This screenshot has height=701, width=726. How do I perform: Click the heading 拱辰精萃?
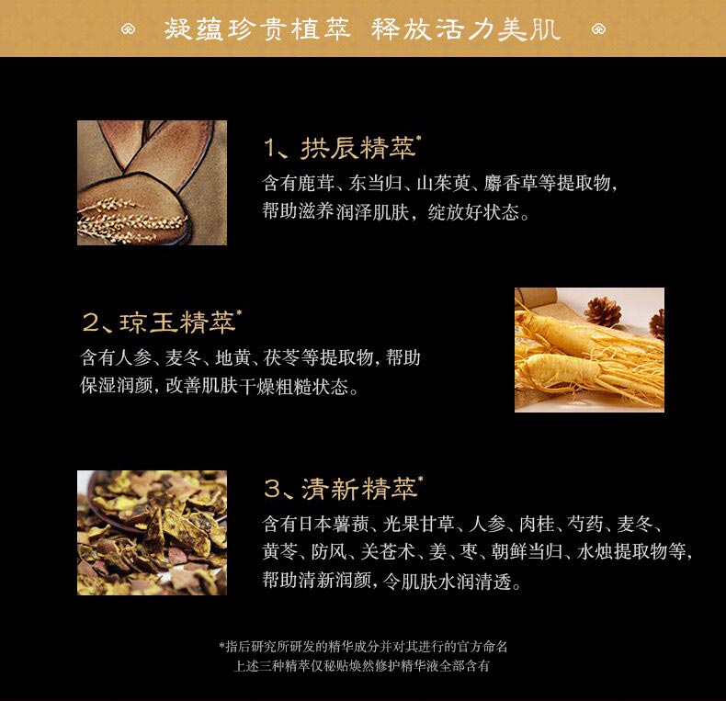357,148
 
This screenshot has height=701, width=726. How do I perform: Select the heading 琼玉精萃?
177,322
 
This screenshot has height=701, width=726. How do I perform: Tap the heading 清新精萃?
359,489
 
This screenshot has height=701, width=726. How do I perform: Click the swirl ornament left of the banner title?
129,29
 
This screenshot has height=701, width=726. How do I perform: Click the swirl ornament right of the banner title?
598,29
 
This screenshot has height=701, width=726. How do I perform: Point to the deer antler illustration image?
152,183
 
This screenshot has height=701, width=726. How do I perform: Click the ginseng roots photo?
589,349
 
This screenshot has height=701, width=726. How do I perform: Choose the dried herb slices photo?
152,533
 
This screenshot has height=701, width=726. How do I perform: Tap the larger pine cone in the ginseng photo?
603,311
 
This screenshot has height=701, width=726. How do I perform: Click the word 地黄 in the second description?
233,357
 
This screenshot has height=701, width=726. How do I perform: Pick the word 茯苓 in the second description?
281,357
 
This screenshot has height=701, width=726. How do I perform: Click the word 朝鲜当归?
527,552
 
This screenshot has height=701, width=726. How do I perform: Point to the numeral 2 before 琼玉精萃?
91,322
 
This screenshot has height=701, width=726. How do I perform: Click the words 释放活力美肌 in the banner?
465,29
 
